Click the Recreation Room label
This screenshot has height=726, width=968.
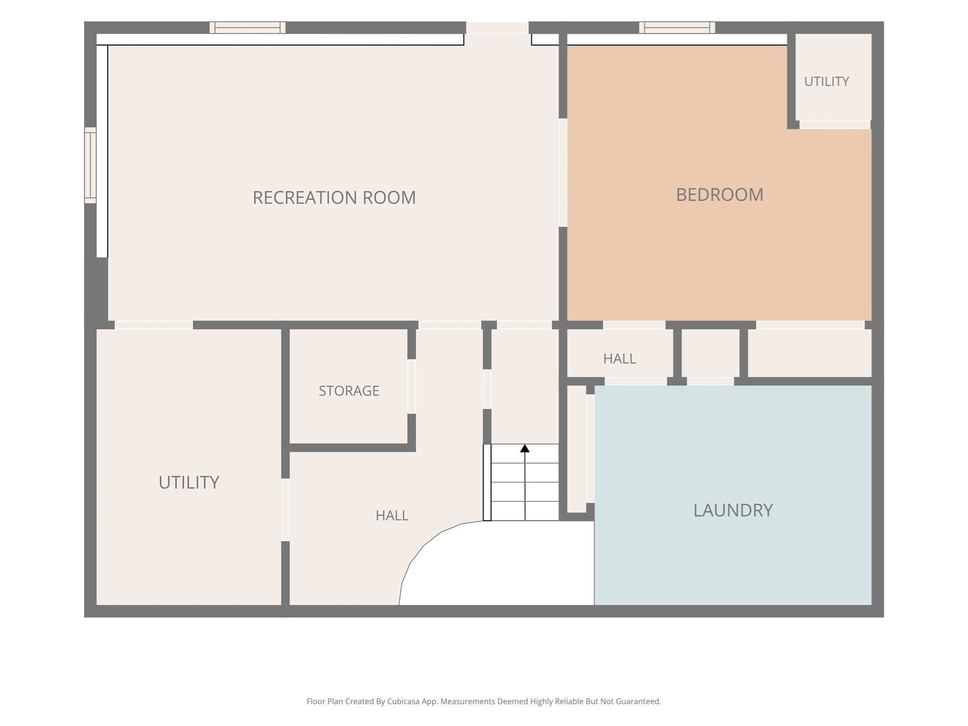point(334,198)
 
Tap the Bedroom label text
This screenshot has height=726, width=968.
point(719,195)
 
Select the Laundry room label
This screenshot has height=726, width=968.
point(733,510)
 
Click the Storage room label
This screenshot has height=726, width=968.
point(349,391)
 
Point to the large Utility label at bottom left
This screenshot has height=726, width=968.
point(189,483)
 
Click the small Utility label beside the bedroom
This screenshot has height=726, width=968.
point(827,82)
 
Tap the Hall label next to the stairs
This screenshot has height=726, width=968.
point(392,516)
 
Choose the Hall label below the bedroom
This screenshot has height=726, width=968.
point(619,359)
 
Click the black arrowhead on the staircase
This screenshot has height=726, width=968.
point(525,448)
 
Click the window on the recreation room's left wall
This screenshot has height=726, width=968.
point(90,165)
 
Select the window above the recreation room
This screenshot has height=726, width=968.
point(248,27)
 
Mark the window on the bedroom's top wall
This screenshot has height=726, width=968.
point(677,27)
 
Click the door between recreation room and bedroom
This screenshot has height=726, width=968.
point(563,173)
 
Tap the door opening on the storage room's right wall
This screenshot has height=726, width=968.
point(412,387)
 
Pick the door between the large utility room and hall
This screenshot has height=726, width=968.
point(285,510)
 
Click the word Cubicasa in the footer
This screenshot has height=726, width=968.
point(405,701)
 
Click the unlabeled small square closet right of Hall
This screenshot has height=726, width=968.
point(710,353)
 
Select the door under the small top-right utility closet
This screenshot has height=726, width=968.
point(835,125)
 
